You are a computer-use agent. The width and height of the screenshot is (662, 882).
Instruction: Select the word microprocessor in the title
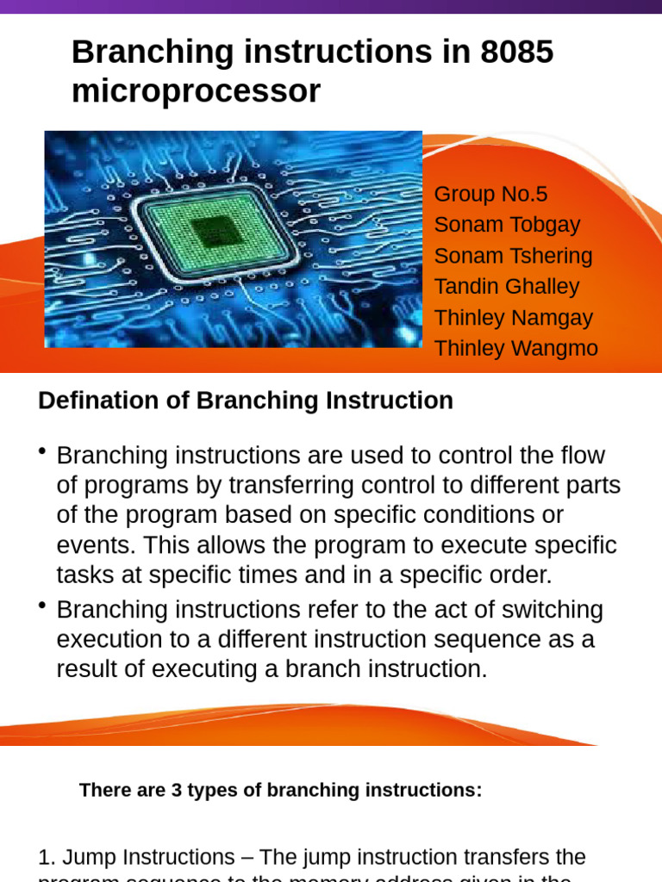pyautogui.click(x=196, y=90)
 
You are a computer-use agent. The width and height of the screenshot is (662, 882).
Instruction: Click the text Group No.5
pyautogui.click(x=490, y=194)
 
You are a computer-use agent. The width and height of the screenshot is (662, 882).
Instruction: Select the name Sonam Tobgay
pyautogui.click(x=507, y=225)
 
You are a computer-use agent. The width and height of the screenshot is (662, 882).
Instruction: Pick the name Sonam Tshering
pyautogui.click(x=513, y=256)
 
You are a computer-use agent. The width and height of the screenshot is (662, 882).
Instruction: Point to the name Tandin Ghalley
pyautogui.click(x=506, y=287)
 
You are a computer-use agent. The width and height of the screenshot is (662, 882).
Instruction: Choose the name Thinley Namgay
pyautogui.click(x=513, y=318)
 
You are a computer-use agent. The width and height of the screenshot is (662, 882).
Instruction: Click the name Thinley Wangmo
pyautogui.click(x=515, y=349)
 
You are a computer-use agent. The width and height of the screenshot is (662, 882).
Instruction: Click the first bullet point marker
pyautogui.click(x=42, y=453)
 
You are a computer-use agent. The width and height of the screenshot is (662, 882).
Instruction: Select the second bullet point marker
pyautogui.click(x=42, y=607)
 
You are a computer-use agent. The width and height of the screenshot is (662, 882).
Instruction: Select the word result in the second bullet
pyautogui.click(x=89, y=669)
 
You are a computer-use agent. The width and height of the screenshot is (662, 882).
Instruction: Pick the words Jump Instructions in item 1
pyautogui.click(x=148, y=857)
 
